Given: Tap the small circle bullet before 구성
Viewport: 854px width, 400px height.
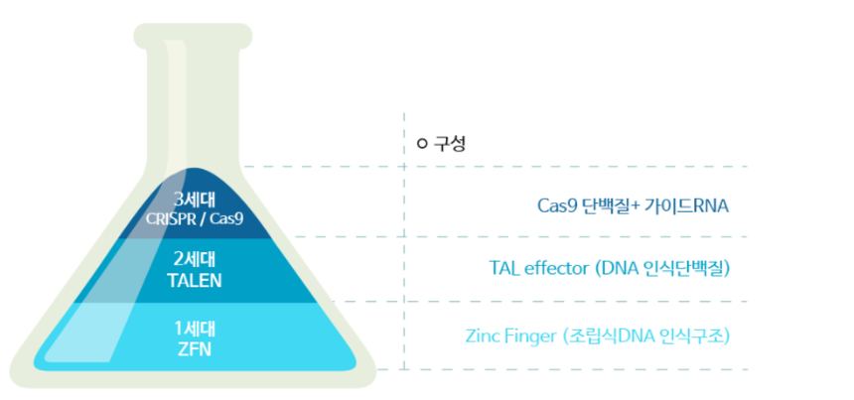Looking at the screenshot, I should click(422, 144).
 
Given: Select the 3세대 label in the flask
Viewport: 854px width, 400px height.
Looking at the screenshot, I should click(194, 199).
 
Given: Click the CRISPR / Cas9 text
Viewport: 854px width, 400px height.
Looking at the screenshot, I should click(195, 216).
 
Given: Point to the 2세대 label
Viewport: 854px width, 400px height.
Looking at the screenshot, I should click(195, 260).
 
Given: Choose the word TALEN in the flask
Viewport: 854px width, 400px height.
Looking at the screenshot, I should click(195, 279).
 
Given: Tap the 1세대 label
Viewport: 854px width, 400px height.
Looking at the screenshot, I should click(195, 329).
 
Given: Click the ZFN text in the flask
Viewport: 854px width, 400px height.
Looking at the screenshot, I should click(195, 348).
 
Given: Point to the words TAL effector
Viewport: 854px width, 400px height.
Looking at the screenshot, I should click(540, 268).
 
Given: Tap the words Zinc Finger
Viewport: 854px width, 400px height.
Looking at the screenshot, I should click(511, 335).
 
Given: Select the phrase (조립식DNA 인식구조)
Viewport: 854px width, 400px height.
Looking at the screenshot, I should click(645, 335).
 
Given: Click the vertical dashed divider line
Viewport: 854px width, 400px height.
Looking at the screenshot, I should click(404, 248).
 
